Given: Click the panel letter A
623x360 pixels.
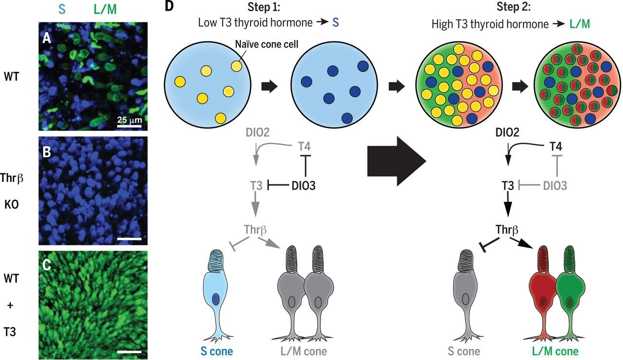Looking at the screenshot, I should (47, 38).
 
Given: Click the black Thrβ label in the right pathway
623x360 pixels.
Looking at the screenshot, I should (507, 229).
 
